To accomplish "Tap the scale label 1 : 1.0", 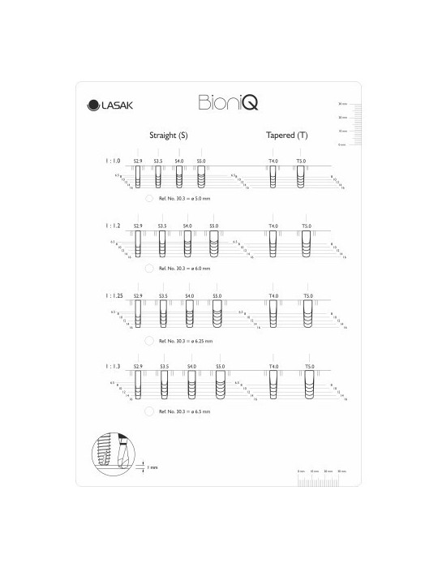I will pos(114,161).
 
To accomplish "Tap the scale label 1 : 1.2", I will pos(114,225).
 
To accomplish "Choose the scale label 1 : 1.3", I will pos(114,367).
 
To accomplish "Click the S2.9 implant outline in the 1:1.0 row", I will pos(138,177).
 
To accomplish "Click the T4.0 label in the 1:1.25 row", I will pos(273,296).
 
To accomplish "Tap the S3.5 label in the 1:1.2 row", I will pos(162,226).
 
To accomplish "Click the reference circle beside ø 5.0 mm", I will pos(149,197).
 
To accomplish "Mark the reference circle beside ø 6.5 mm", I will pos(149,412).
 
